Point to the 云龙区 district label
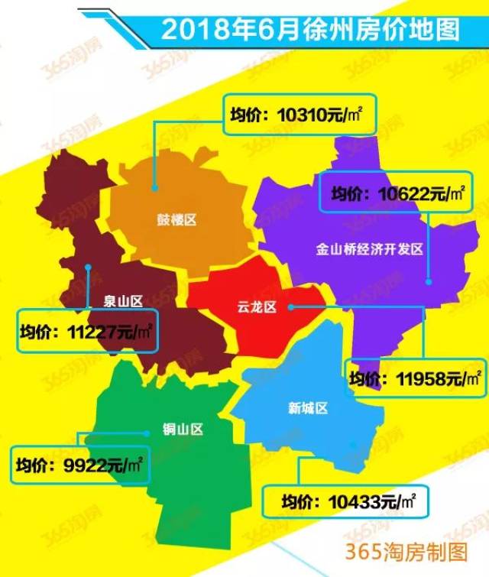coord(255,307)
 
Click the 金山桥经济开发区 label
coord(369,249)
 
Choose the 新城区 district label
coord(308,408)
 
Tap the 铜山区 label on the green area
coord(183,429)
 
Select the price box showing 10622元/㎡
coord(397,193)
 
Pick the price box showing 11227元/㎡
coord(86,331)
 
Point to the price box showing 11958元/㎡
coord(415,378)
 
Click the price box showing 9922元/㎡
coord(79,462)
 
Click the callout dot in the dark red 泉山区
coord(89,267)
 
